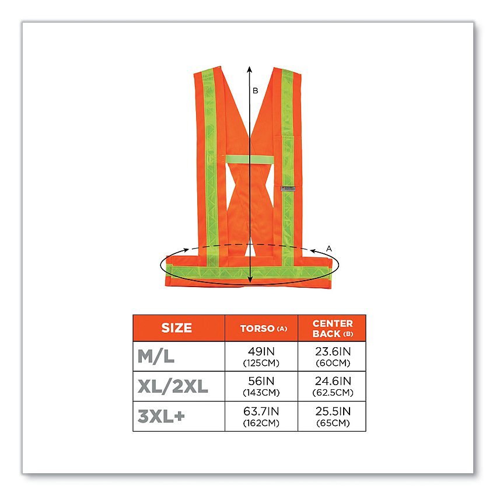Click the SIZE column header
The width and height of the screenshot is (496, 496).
point(176,328)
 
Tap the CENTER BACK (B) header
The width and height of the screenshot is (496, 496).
point(332,328)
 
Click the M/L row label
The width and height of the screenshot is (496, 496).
point(156,357)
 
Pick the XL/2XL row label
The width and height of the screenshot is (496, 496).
point(173,386)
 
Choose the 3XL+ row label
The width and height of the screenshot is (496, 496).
point(161,416)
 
